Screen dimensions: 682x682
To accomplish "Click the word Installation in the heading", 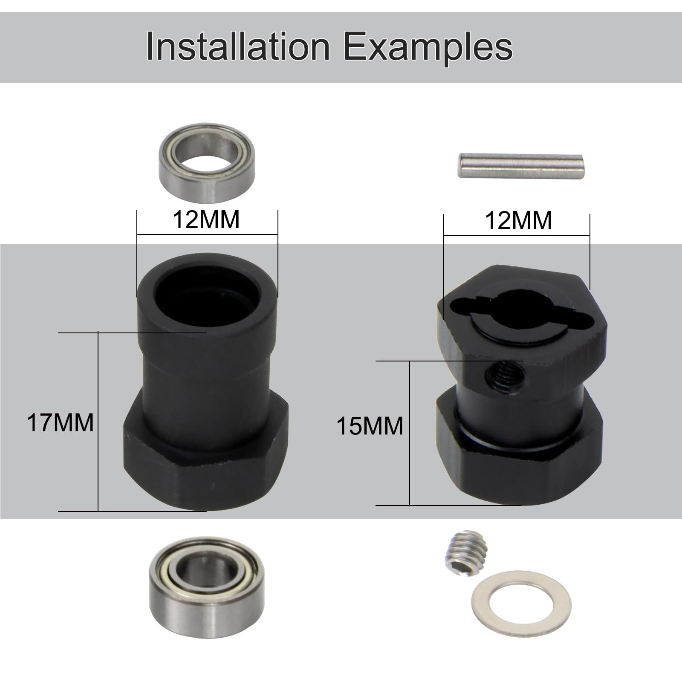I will coord(238,47).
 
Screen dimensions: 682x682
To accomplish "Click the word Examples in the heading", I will coord(428,47).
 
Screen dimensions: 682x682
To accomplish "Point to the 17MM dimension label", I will coord(60,423).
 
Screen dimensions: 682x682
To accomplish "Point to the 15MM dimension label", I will coord(370,426).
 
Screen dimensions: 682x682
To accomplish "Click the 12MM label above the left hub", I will coord(206,220).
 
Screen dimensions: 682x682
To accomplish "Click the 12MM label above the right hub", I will coord(518,221).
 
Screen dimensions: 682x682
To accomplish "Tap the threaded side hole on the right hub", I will coord(505,374).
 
